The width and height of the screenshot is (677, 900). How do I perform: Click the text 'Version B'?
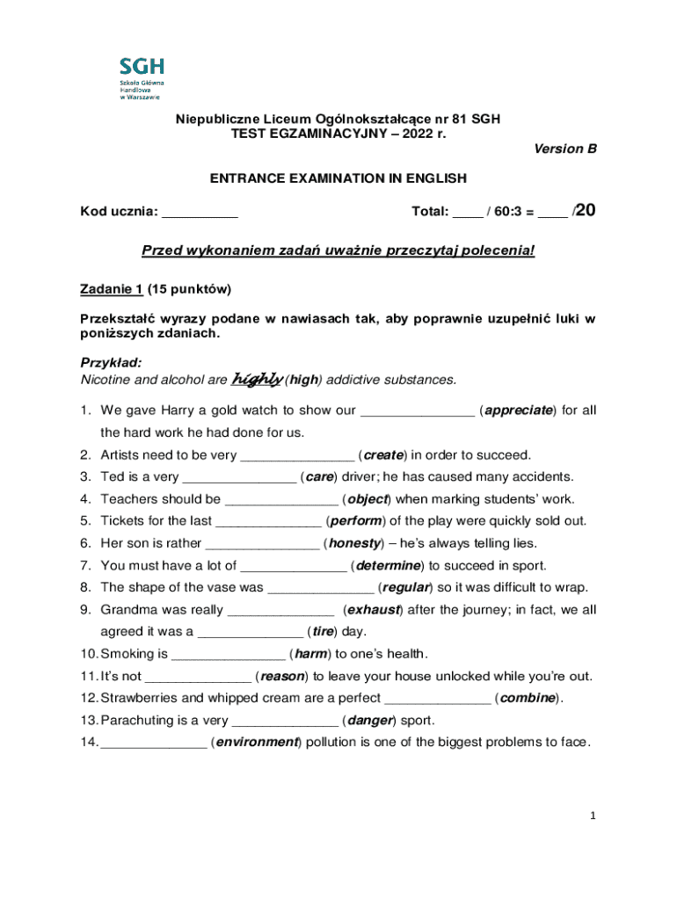click(x=565, y=149)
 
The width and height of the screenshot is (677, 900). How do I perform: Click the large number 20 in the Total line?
click(x=586, y=209)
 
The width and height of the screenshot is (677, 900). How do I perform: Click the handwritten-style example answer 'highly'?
click(x=256, y=379)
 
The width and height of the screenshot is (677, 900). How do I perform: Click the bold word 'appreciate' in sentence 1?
click(x=519, y=410)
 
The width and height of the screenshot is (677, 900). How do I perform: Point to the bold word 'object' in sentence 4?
click(x=368, y=499)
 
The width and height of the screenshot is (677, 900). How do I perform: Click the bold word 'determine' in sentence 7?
click(x=387, y=565)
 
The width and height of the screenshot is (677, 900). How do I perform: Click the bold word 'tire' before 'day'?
click(x=323, y=631)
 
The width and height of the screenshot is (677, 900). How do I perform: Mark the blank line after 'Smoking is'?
click(x=228, y=654)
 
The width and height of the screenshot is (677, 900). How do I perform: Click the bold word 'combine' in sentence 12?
click(x=526, y=698)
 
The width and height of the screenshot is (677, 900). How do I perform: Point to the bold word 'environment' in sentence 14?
click(x=257, y=742)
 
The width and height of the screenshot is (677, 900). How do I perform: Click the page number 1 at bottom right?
click(x=593, y=816)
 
